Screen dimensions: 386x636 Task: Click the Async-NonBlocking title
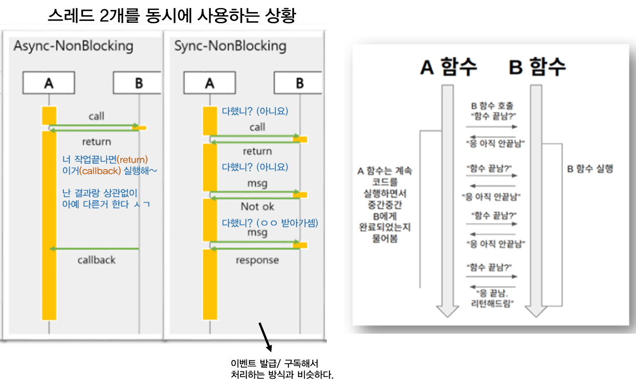[x=73, y=46]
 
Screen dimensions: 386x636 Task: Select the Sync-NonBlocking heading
[x=230, y=46]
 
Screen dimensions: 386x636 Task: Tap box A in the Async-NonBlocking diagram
[x=49, y=83]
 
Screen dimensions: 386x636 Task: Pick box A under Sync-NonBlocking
[x=209, y=83]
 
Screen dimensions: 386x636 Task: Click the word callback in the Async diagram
[x=96, y=260]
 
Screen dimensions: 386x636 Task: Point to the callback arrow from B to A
[x=94, y=249]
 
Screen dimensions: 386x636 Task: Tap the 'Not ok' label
[x=257, y=207]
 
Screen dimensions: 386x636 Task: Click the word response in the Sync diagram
[x=257, y=260]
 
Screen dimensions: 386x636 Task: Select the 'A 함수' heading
[x=449, y=67]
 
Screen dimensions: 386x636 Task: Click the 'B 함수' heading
[x=537, y=67]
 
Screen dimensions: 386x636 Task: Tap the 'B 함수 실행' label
[x=590, y=169]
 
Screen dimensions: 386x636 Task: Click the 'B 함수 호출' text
[x=492, y=106]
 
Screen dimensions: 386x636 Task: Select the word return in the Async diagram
[x=96, y=142]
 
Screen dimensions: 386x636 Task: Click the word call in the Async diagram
[x=96, y=116]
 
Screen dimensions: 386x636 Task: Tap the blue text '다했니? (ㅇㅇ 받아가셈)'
[x=270, y=223]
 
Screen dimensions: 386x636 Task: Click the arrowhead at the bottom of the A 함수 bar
[x=447, y=311]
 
